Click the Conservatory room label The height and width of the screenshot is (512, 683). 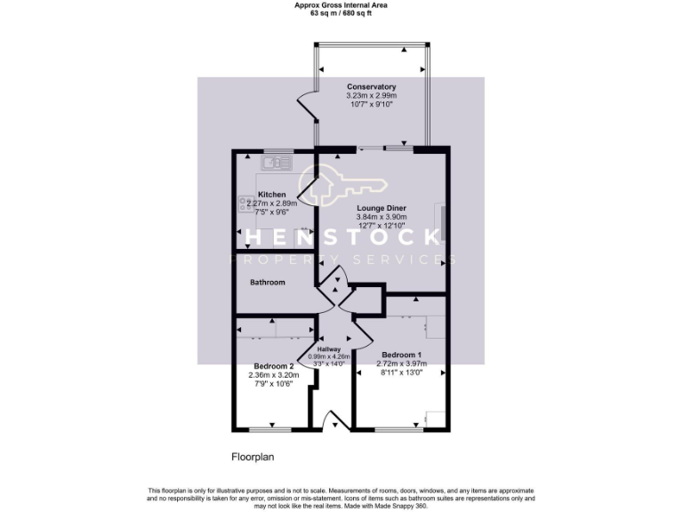click(372, 86)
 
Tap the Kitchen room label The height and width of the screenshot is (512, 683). click(272, 195)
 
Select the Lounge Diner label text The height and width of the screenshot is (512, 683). click(382, 208)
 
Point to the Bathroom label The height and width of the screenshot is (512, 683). click(267, 283)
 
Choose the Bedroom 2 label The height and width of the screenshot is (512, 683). click(273, 366)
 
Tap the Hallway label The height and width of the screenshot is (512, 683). click(329, 349)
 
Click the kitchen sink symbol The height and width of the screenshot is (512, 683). click(277, 163)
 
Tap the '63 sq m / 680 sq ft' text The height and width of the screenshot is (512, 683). click(341, 13)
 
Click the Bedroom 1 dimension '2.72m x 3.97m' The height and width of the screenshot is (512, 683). click(399, 364)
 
